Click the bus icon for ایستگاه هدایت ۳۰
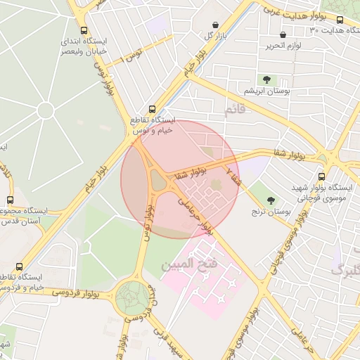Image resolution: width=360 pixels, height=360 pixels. (x=341, y=20)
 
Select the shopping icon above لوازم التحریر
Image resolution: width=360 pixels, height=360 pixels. (x=283, y=34)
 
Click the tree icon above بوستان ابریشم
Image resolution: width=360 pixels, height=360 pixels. (x=266, y=79)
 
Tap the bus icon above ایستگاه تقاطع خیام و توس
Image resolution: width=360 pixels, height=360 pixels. (x=153, y=108)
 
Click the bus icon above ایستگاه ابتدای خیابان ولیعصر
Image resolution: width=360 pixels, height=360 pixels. (x=85, y=31)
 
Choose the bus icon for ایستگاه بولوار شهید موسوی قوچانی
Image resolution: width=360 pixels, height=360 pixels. (x=321, y=176)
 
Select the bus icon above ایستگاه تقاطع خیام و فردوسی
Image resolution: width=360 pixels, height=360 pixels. (x=18, y=267)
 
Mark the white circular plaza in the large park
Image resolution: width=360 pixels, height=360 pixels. (x=46, y=110)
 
